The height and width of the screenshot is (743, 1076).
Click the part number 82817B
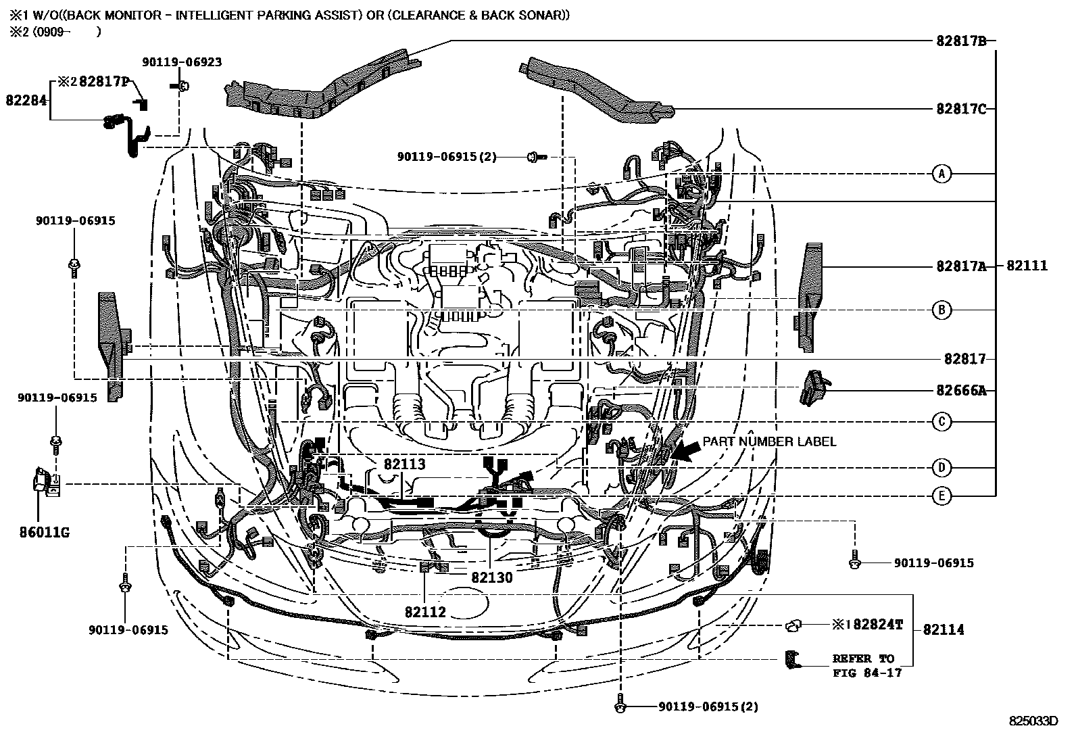click(961, 41)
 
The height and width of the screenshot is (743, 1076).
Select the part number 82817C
click(961, 108)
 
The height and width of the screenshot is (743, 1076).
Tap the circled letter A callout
click(941, 174)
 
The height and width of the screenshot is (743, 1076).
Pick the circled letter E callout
click(941, 496)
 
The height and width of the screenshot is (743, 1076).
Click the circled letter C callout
click(941, 422)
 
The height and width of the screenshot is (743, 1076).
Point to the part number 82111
click(1027, 266)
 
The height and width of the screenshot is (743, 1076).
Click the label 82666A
click(961, 390)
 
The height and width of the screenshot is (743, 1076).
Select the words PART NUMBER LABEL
click(769, 441)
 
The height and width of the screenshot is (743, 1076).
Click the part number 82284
click(26, 100)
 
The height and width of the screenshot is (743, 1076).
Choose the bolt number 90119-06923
click(182, 62)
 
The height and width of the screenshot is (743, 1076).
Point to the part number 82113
click(404, 464)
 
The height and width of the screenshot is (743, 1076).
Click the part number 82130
click(491, 577)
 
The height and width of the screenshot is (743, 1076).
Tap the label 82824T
click(877, 625)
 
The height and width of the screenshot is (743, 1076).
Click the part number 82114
click(943, 629)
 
